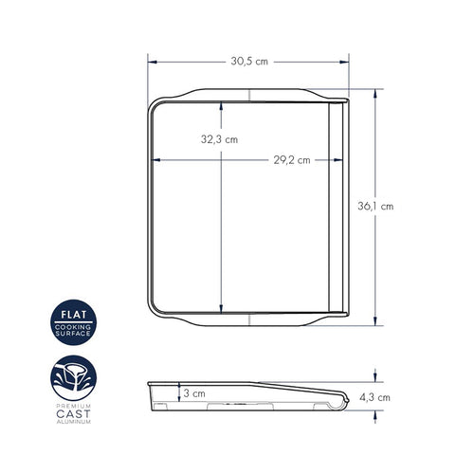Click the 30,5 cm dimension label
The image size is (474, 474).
[x=249, y=62]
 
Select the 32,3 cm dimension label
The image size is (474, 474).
[x=219, y=139]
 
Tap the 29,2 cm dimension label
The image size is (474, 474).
[x=292, y=160]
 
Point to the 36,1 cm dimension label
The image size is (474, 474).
[x=375, y=207]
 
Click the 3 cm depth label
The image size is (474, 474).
[x=194, y=393]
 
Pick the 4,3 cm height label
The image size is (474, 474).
[x=374, y=397]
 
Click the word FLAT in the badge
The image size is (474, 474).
[x=74, y=315]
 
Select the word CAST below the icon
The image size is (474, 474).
[x=73, y=414]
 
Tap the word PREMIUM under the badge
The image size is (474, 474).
[x=74, y=406]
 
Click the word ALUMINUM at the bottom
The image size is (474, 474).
[x=74, y=422]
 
